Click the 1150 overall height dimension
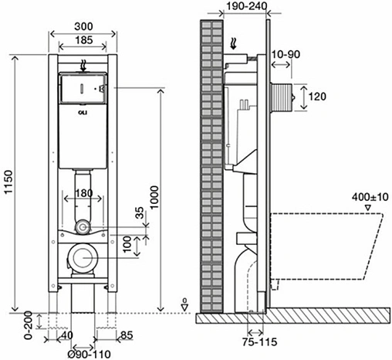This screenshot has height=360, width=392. [x=8, y=182]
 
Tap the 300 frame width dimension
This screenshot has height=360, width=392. [x=83, y=26]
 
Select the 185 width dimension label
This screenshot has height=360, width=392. [x=84, y=40]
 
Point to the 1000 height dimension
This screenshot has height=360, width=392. [x=154, y=198]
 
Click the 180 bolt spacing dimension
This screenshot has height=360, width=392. [x=83, y=193]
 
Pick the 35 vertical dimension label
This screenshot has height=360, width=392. [x=140, y=212]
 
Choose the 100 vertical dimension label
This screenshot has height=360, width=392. [x=127, y=244]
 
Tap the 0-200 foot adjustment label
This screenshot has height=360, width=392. [x=29, y=325]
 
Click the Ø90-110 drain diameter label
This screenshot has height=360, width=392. [x=90, y=355]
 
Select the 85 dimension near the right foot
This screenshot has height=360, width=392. [x=127, y=335]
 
